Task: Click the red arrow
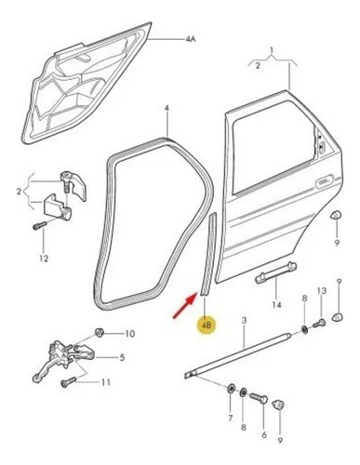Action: click(x=185, y=306)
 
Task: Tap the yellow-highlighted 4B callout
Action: click(x=207, y=325)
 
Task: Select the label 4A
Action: click(x=191, y=39)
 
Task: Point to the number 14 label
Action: click(x=276, y=305)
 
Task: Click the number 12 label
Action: click(x=44, y=258)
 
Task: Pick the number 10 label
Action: click(x=130, y=334)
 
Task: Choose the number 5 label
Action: click(x=122, y=357)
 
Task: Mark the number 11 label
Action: click(x=106, y=382)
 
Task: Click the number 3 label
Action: click(x=244, y=320)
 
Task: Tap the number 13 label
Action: click(x=322, y=291)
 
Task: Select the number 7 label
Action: click(x=231, y=418)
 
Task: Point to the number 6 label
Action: click(x=264, y=435)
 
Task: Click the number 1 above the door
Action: click(x=272, y=50)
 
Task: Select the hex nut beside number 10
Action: click(x=100, y=332)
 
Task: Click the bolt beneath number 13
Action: click(x=319, y=324)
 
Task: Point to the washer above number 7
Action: click(x=231, y=388)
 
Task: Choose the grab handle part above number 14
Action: click(x=275, y=272)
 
